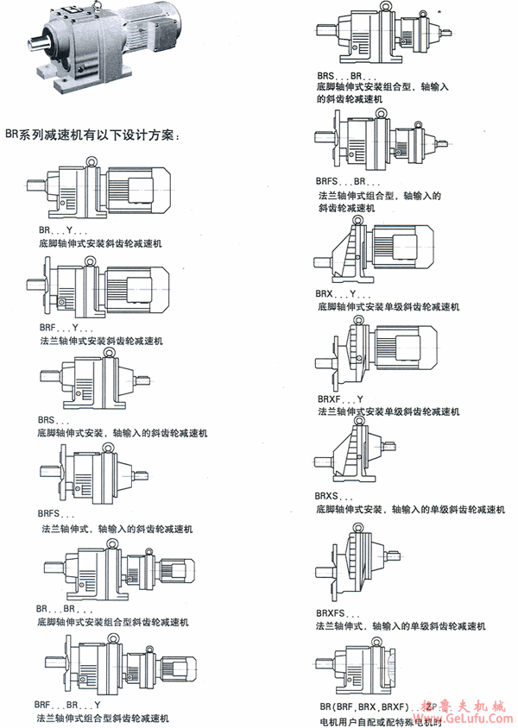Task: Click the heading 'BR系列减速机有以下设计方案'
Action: coord(91,135)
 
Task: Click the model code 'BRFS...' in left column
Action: coord(57,515)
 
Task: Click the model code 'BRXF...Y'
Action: coord(340,399)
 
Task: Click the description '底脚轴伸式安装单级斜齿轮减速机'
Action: coord(388,306)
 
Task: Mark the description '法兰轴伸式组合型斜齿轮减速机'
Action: coord(103,718)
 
